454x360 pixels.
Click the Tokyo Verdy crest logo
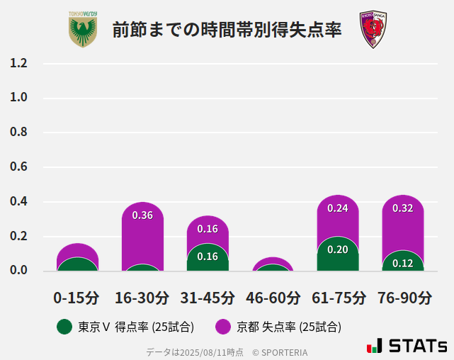tap(83, 30)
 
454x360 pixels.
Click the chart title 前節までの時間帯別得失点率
tap(227, 30)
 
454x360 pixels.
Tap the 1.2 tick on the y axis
tap(19, 63)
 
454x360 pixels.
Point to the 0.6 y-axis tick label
tap(19, 167)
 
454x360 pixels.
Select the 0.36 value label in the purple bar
tap(142, 215)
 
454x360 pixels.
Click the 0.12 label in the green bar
tap(403, 263)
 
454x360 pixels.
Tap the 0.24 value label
tap(338, 208)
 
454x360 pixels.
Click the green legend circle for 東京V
tap(64, 327)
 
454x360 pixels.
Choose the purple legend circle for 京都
tap(223, 327)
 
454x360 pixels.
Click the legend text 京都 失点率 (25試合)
tap(289, 327)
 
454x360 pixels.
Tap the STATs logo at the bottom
tap(407, 346)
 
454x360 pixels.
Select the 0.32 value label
tap(403, 208)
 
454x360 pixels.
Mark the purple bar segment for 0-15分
tap(77, 250)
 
